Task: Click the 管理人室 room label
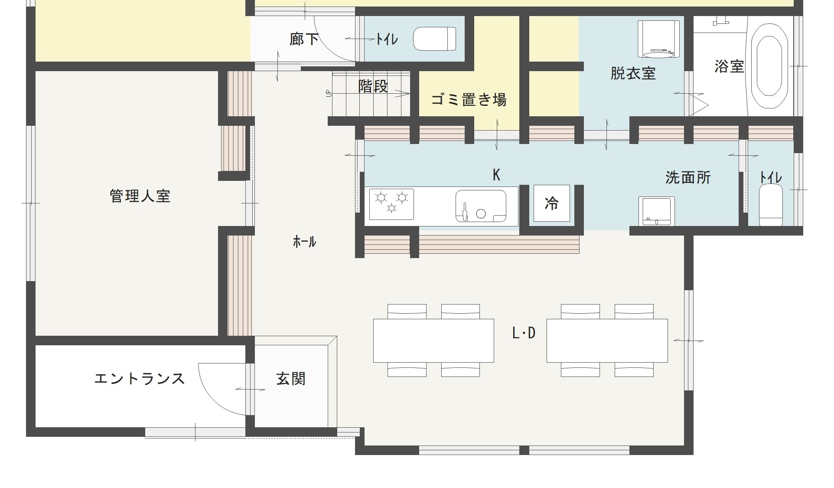(x=140, y=196)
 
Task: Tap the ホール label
(x=304, y=242)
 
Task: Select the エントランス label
(x=140, y=379)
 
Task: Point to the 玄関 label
(x=291, y=379)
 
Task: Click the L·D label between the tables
(x=524, y=333)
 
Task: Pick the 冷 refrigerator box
(x=551, y=203)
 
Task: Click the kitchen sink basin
(x=481, y=206)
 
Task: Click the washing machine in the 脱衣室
(x=658, y=39)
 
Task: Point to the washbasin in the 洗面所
(x=656, y=211)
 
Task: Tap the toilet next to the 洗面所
(x=771, y=205)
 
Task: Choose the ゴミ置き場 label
(x=469, y=100)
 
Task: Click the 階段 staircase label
(x=373, y=86)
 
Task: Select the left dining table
(x=433, y=341)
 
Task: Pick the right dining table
(x=607, y=341)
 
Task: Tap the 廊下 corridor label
(x=304, y=39)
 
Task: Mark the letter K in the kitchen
(x=497, y=175)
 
